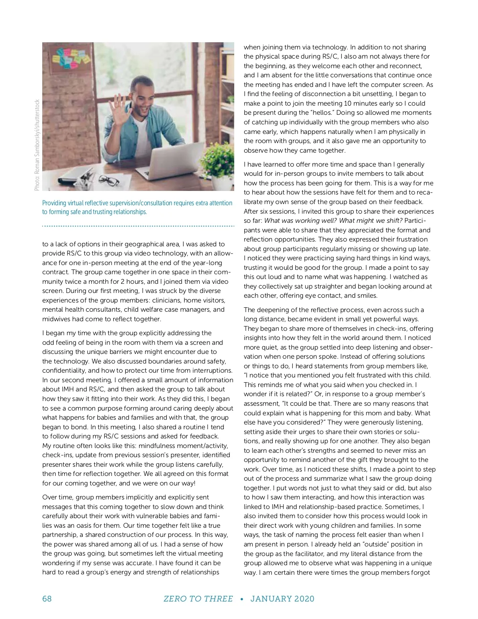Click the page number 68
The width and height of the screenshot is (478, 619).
click(47, 599)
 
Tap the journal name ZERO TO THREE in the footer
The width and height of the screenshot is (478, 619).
click(198, 599)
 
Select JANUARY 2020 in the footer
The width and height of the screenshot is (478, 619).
click(282, 599)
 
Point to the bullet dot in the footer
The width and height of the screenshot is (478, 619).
click(242, 599)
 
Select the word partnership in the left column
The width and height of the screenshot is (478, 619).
click(60, 535)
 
